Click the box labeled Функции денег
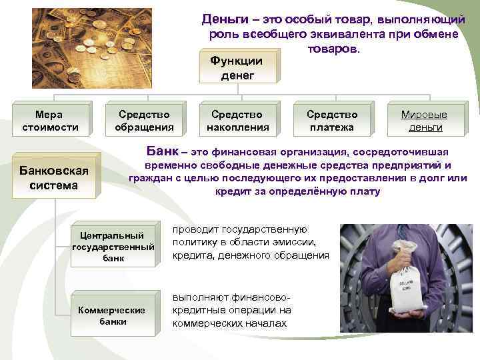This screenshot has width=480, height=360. (237, 68)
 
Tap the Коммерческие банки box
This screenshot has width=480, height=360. (113, 315)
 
